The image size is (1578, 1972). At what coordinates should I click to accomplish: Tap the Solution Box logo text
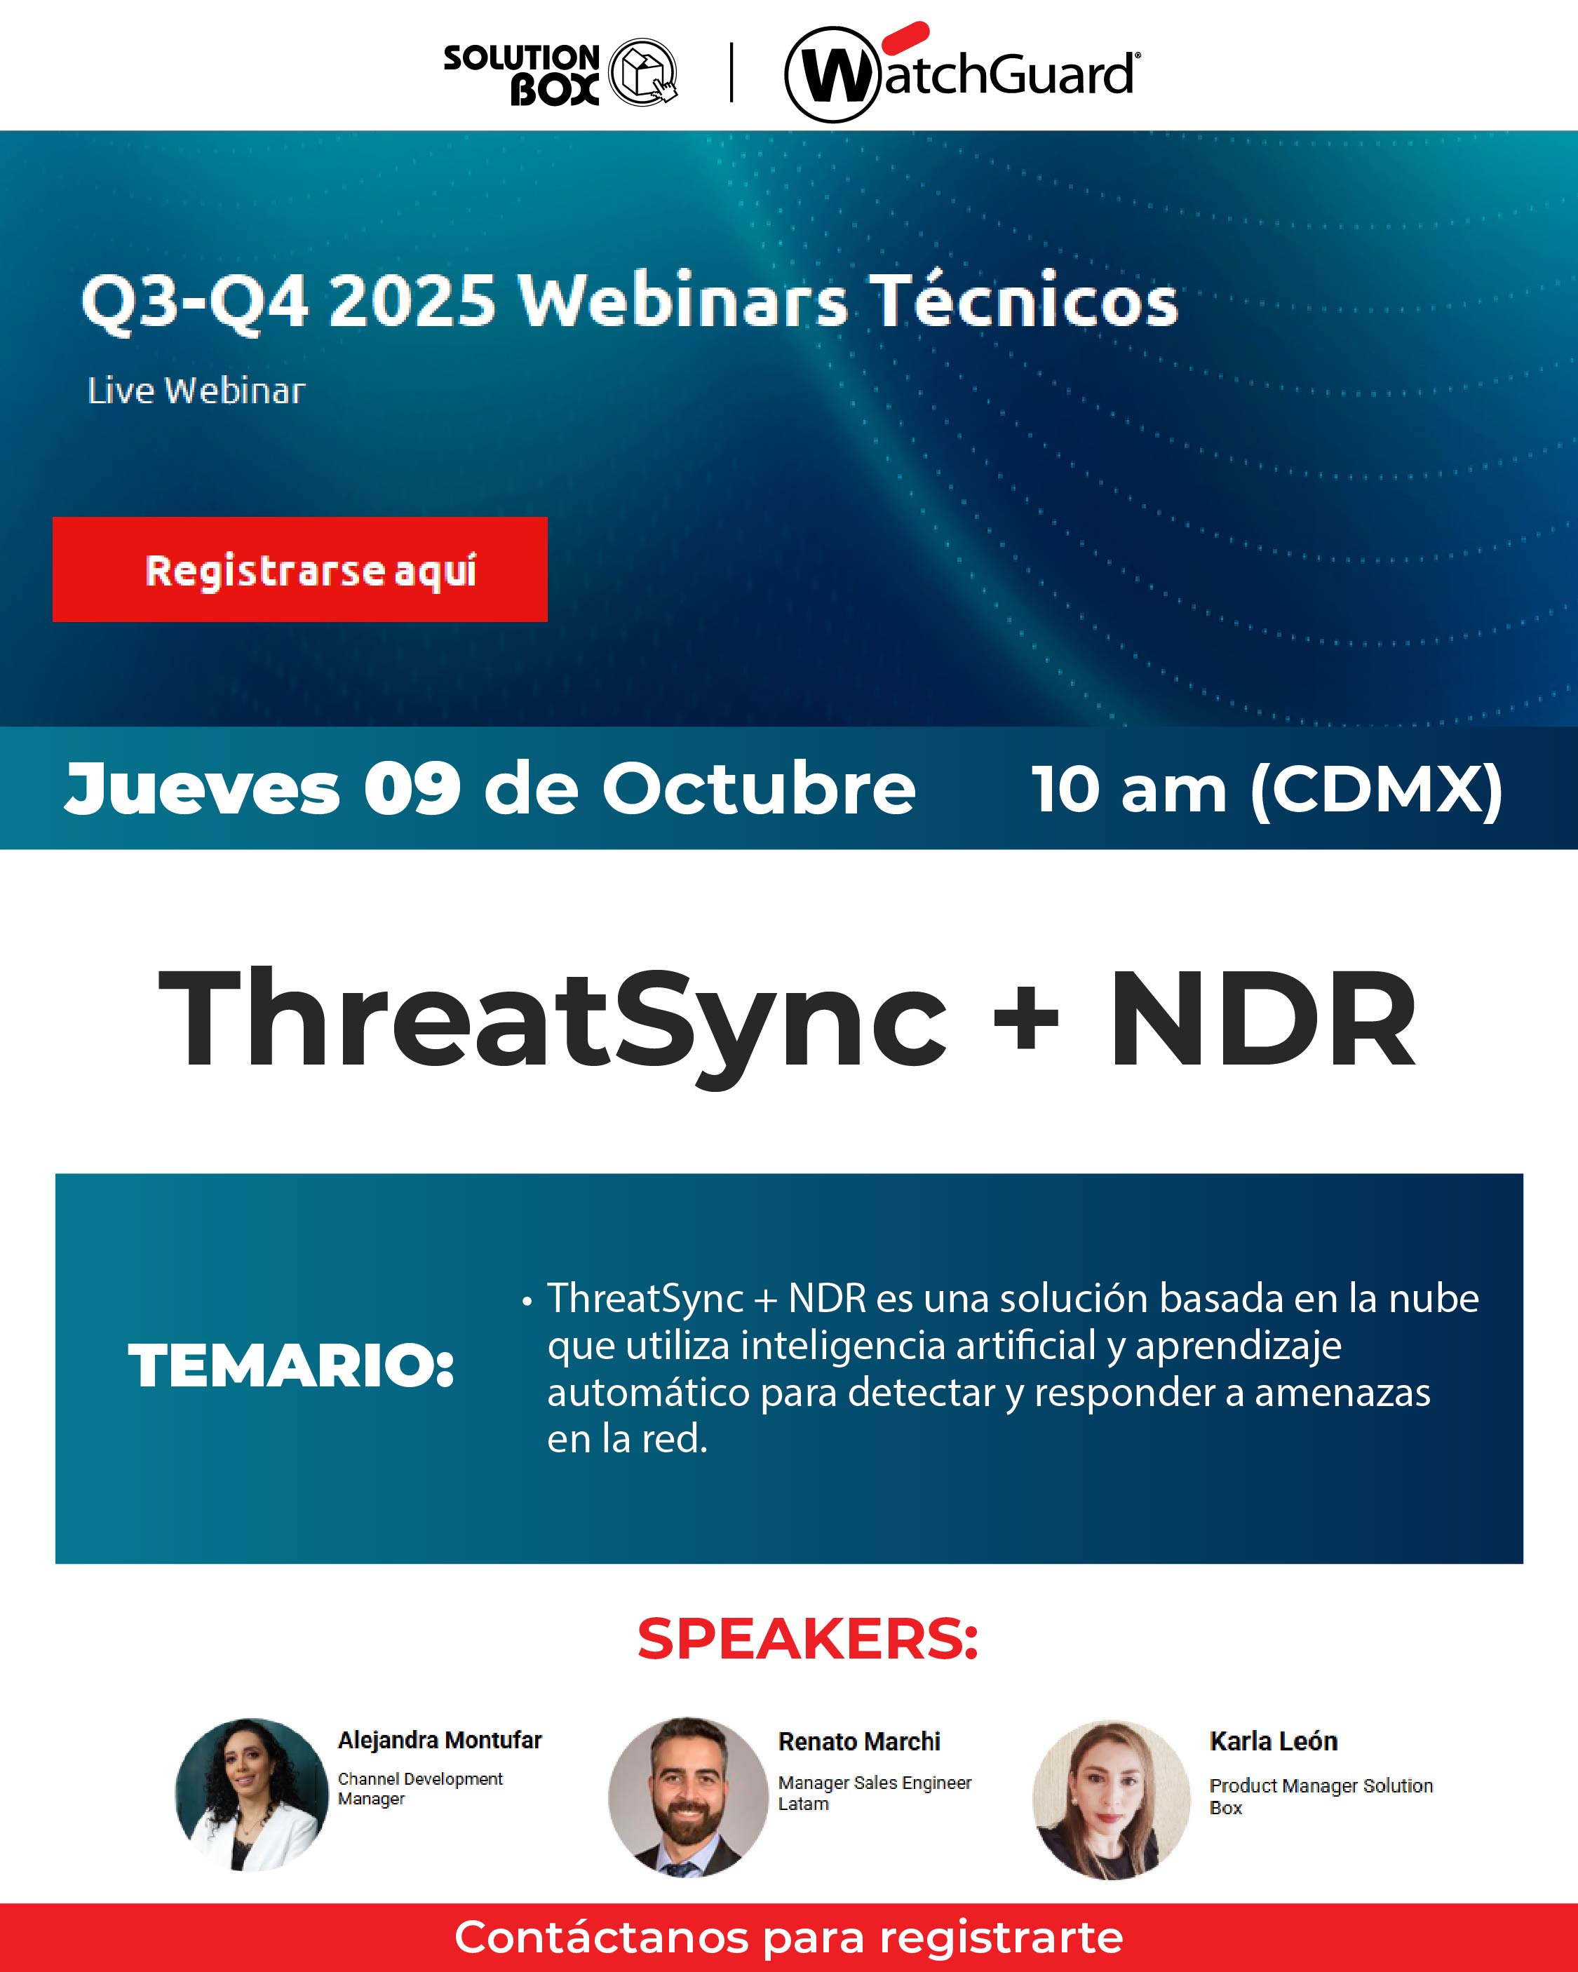click(x=521, y=74)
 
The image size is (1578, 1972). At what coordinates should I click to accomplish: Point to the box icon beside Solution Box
click(x=643, y=72)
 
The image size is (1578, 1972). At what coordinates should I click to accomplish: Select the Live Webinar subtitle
click(x=196, y=391)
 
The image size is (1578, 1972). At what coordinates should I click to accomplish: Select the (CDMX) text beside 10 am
click(x=1377, y=790)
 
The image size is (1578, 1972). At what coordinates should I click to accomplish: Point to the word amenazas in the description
click(x=1342, y=1392)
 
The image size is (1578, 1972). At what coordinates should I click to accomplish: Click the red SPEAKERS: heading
click(x=808, y=1638)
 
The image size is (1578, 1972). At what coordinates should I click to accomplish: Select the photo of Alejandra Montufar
click(x=252, y=1794)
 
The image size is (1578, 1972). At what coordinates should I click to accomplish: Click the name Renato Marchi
click(x=859, y=1741)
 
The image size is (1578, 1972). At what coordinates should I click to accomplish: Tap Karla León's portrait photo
click(x=1112, y=1799)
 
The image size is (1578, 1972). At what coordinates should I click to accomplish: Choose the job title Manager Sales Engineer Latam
click(x=875, y=1792)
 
